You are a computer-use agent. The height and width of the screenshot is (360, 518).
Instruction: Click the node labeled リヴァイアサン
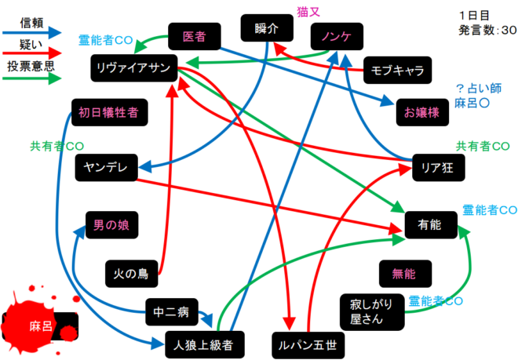[x=133, y=67]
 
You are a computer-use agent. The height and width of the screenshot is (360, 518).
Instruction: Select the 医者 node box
[x=194, y=36]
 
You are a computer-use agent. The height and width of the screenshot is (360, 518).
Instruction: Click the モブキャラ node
[x=396, y=71]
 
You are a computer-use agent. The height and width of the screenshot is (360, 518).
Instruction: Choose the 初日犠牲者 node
[x=108, y=112]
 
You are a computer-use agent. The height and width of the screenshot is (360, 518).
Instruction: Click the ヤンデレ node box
[x=107, y=166]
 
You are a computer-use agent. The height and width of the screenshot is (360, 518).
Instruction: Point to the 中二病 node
[x=172, y=312]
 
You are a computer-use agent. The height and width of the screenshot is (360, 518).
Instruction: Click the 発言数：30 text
[x=487, y=31]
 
